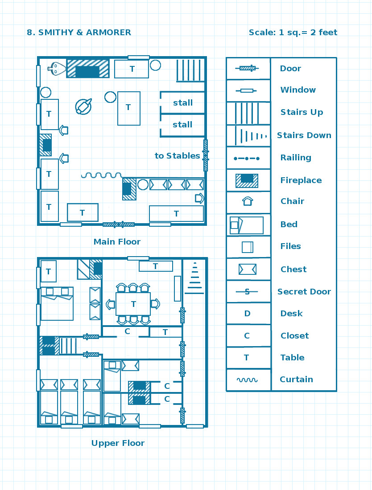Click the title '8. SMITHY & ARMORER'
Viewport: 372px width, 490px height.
[x=79, y=33]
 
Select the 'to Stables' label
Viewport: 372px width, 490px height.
[x=178, y=155]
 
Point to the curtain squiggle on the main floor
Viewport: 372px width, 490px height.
[x=101, y=175]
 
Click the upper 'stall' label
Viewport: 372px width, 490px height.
[x=183, y=102]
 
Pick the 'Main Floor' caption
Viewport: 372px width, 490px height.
[x=117, y=241]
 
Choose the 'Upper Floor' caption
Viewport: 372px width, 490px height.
[x=118, y=443]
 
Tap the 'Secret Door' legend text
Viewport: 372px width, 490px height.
[x=304, y=292]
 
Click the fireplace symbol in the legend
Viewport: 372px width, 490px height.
[x=247, y=180]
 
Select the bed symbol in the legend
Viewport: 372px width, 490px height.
[x=247, y=225]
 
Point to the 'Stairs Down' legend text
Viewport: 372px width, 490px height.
[x=304, y=135]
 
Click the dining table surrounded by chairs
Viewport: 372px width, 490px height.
[x=133, y=304]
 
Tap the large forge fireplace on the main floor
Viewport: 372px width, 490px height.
[x=87, y=69]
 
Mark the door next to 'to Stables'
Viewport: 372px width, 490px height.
[x=206, y=155]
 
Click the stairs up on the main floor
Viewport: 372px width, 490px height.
[x=190, y=70]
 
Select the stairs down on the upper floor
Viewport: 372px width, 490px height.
[x=194, y=278]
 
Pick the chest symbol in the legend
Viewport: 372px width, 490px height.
[x=248, y=269]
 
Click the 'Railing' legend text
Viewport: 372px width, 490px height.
[x=296, y=158]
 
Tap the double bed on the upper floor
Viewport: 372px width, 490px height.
[x=57, y=304]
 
